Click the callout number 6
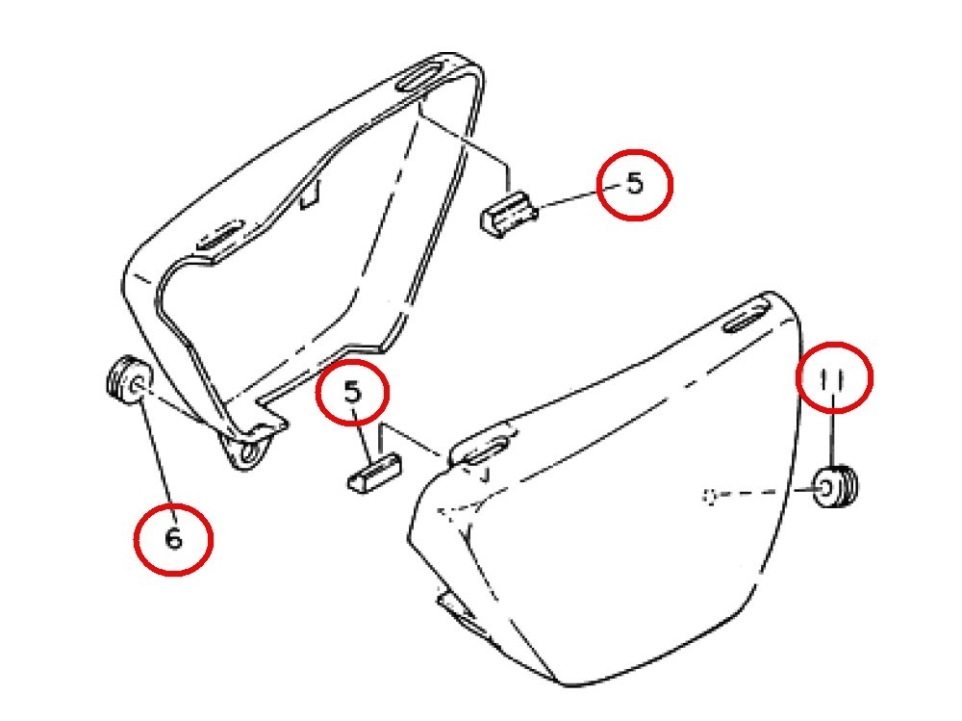(x=174, y=539)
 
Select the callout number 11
(x=833, y=379)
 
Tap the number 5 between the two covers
(x=353, y=391)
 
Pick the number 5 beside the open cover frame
(x=635, y=183)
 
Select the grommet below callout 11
(x=835, y=487)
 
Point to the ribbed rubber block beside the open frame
(x=509, y=213)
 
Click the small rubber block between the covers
(x=374, y=473)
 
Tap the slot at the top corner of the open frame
(x=421, y=75)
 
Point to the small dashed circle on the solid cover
(x=710, y=496)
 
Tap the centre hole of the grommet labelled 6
(x=138, y=386)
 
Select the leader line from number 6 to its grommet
(x=159, y=459)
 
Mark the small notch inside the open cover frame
(x=311, y=194)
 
